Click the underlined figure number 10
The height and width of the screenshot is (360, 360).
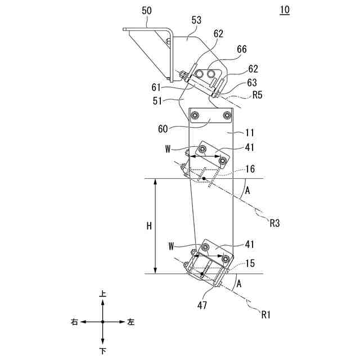pyautogui.click(x=285, y=11)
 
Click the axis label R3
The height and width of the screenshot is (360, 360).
pyautogui.click(x=275, y=223)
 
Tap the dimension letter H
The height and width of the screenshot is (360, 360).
pyautogui.click(x=149, y=226)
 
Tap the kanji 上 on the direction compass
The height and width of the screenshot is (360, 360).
pyautogui.click(x=102, y=294)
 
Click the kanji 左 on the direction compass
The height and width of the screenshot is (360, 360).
pyautogui.click(x=131, y=322)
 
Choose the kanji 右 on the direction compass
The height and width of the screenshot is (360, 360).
pyautogui.click(x=74, y=322)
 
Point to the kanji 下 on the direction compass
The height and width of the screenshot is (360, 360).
pyautogui.click(x=102, y=350)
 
